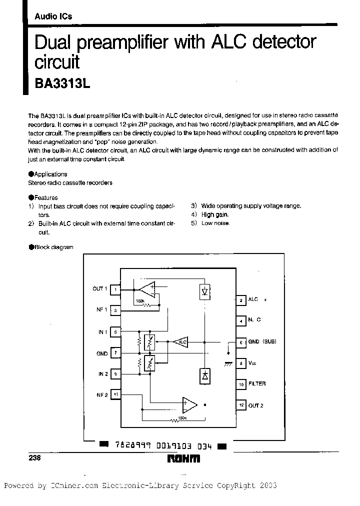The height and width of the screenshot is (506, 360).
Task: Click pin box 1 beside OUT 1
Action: (115, 289)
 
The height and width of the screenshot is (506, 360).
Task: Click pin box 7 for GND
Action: (115, 353)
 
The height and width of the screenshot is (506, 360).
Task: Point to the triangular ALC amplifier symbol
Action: (180, 342)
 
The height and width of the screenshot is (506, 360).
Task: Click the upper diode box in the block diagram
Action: (204, 291)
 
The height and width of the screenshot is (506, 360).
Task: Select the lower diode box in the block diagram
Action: (204, 375)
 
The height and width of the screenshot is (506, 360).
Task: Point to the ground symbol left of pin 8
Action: (228, 364)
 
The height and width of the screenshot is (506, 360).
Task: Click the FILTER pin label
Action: (257, 384)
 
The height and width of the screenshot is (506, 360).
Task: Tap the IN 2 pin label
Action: (102, 374)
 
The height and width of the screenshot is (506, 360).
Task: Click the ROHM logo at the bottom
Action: (183, 458)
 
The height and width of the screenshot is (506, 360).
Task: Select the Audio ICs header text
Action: (53, 16)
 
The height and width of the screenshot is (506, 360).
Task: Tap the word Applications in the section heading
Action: (50, 174)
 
